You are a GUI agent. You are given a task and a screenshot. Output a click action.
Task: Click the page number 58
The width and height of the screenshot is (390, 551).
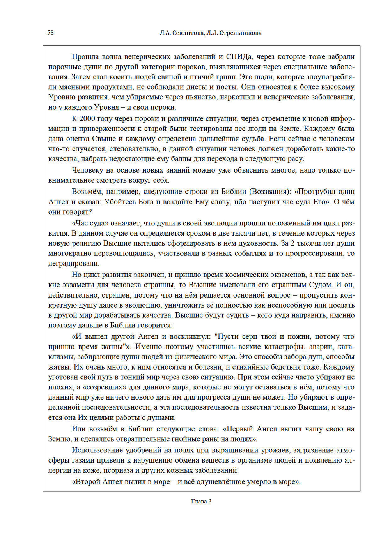click(50, 33)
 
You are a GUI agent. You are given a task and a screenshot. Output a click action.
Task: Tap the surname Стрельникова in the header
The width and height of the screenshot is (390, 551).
click(241, 33)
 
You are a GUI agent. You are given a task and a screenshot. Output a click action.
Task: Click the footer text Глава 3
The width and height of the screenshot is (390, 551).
click(201, 502)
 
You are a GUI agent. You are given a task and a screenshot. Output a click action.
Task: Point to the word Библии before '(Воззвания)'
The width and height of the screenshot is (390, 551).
click(233, 191)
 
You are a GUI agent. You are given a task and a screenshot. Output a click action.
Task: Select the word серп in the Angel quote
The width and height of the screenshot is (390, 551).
click(250, 336)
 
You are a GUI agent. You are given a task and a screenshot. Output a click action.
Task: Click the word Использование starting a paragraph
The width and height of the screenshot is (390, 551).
click(96, 450)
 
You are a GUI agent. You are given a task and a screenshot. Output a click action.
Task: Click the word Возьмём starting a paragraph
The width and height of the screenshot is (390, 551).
click(86, 191)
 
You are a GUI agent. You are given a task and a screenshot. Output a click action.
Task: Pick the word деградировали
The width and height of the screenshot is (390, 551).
click(73, 264)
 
